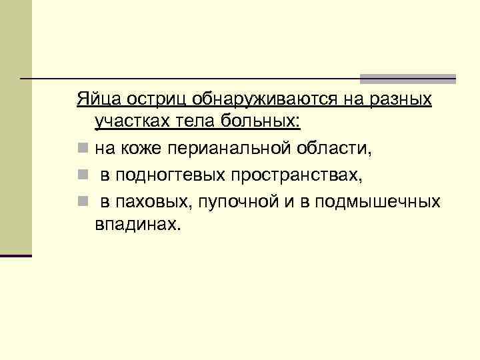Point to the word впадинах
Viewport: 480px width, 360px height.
tap(137, 223)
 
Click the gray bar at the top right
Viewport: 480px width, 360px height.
tap(408, 78)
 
